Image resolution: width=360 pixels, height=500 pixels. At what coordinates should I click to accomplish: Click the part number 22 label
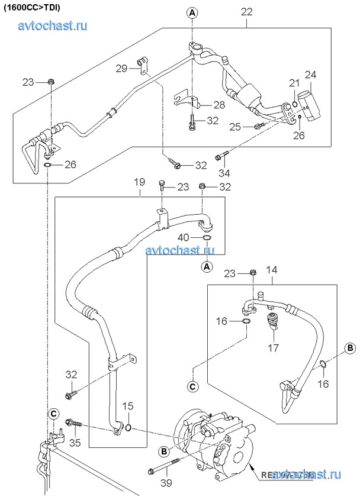tap(247, 11)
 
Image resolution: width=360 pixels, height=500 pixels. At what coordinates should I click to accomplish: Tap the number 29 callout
tap(122, 69)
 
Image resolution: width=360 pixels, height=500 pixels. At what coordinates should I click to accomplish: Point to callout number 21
tap(294, 82)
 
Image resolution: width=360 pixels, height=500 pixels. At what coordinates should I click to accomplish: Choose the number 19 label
tap(139, 183)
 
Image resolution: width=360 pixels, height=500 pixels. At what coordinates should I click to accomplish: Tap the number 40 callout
tap(184, 238)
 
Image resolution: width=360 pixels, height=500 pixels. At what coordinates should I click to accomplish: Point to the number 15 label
tap(128, 406)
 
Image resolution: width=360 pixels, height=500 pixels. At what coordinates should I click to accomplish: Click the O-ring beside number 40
tap(207, 238)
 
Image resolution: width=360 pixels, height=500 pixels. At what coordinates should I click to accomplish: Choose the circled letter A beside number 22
tap(193, 12)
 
